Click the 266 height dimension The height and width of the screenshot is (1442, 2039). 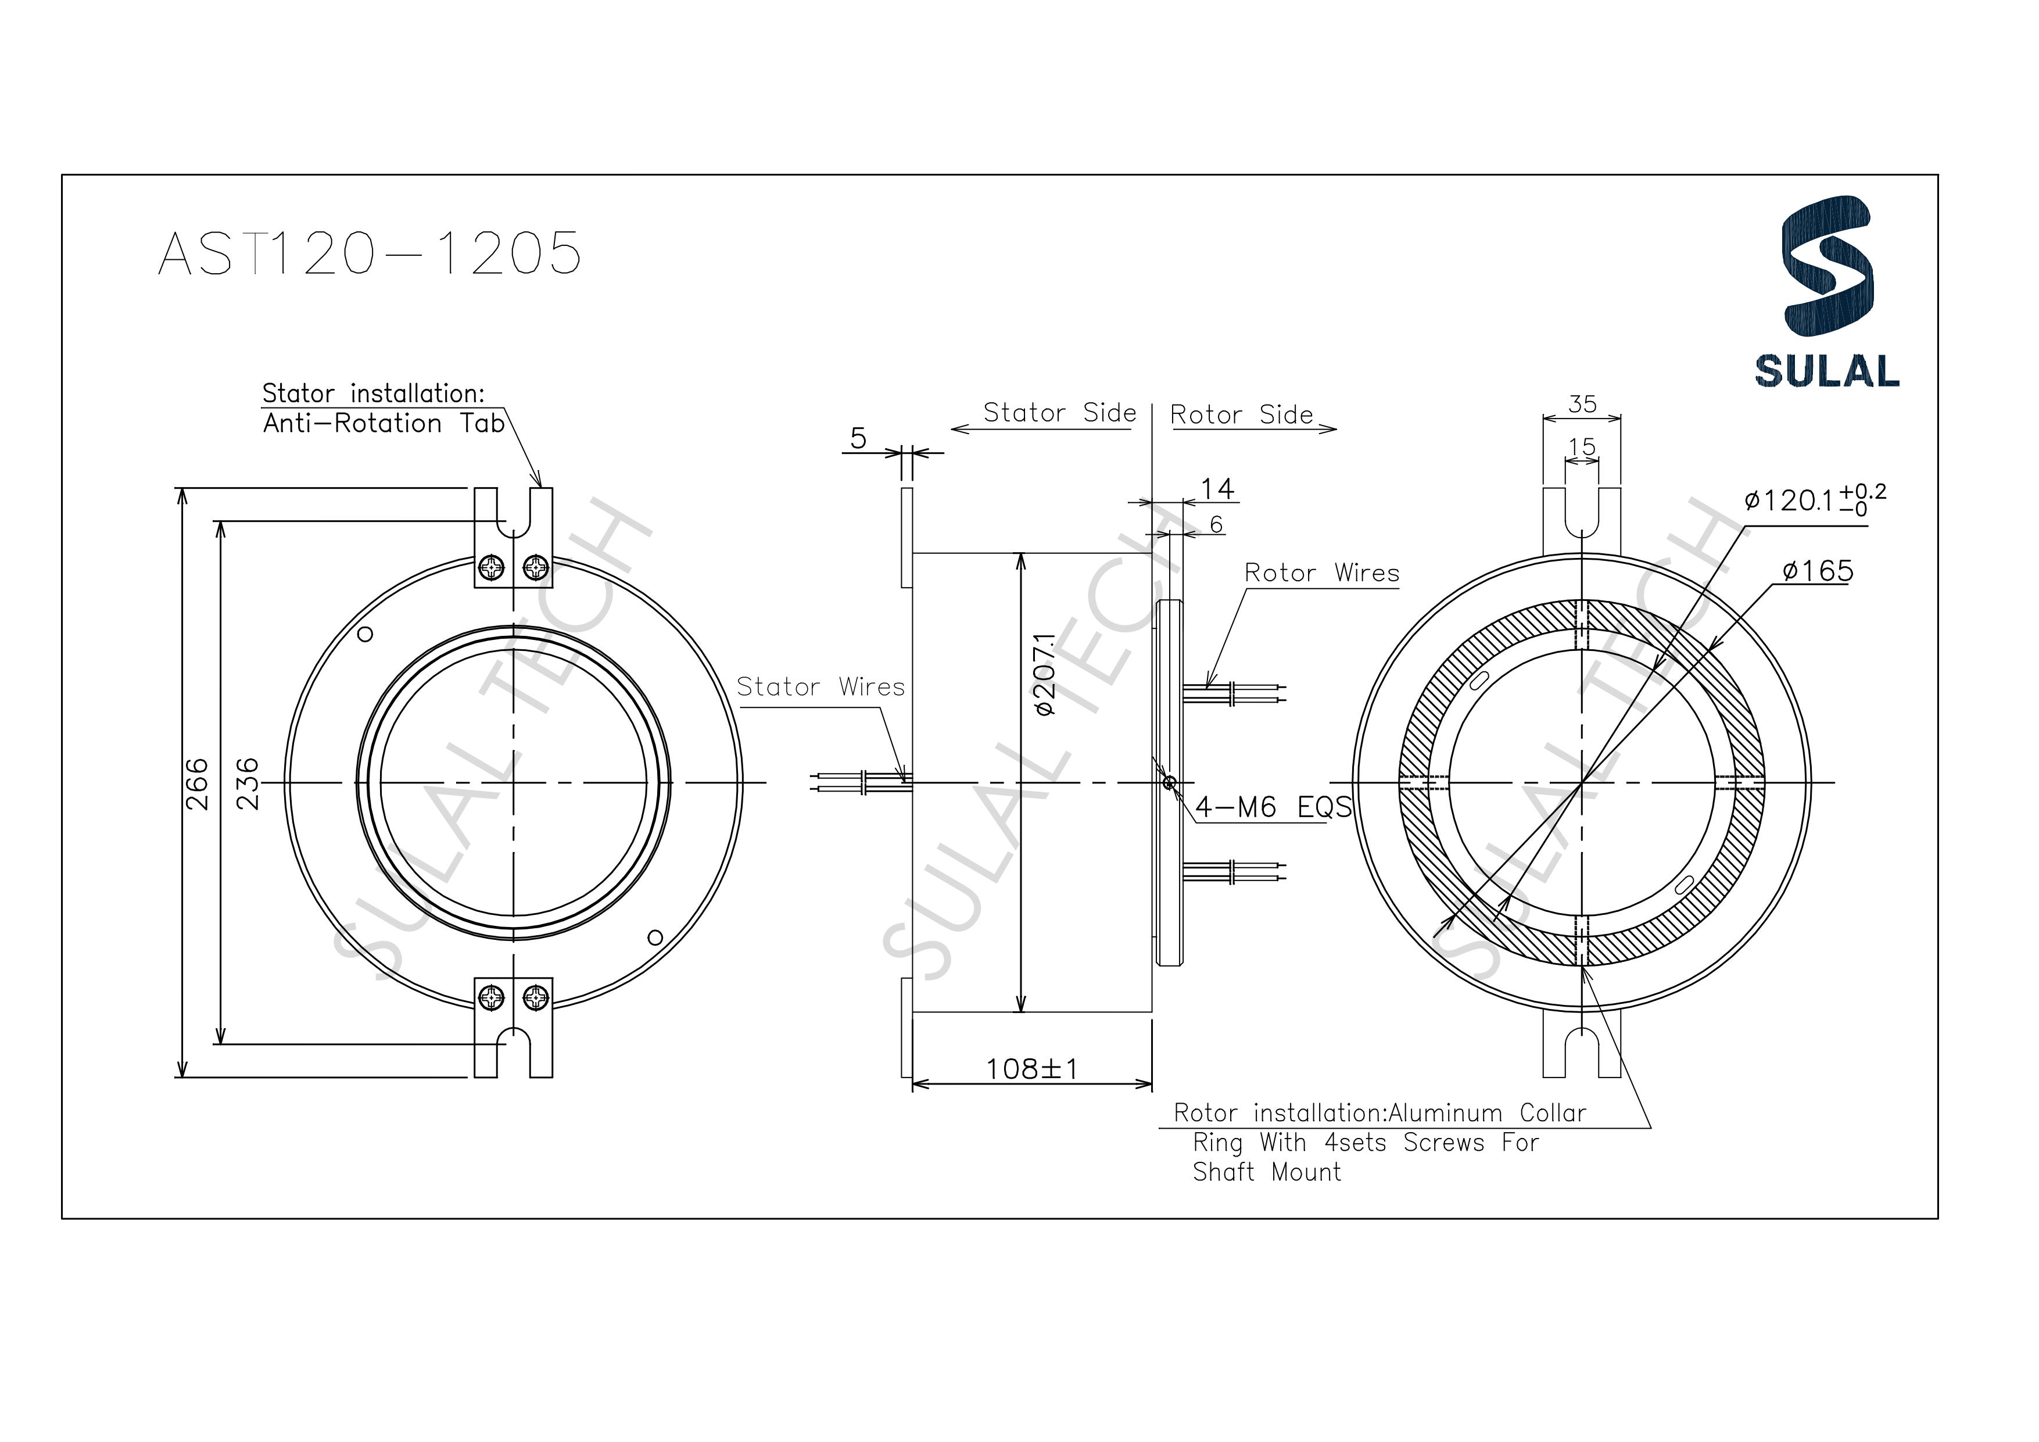click(x=197, y=783)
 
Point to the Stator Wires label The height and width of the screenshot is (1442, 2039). click(x=820, y=687)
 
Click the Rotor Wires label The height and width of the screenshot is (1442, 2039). click(x=1321, y=573)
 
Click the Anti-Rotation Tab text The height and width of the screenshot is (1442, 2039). click(x=384, y=424)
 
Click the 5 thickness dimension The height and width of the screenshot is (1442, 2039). click(x=857, y=438)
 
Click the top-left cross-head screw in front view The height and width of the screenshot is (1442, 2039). click(x=491, y=567)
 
